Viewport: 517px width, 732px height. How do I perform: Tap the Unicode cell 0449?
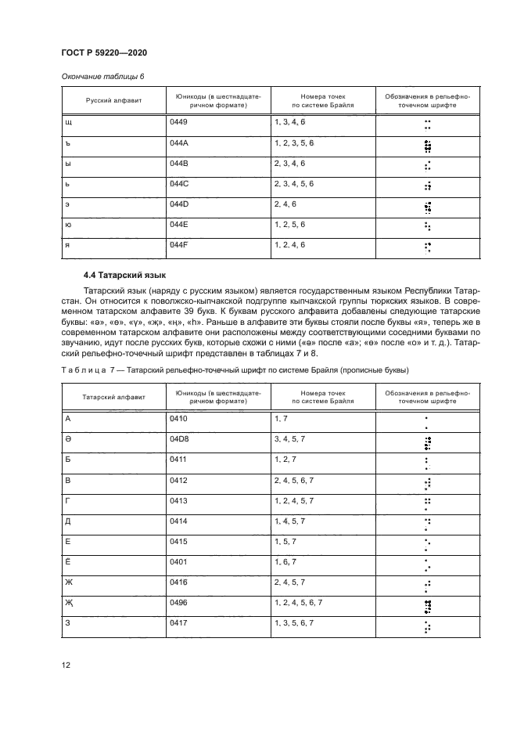(178, 123)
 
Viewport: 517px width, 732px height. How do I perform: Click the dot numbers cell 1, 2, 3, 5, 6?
(294, 143)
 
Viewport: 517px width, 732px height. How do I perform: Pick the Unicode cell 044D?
(178, 204)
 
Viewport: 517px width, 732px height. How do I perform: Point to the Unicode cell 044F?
(178, 245)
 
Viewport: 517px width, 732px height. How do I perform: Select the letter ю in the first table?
(68, 225)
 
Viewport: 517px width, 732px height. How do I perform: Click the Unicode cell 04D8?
(179, 440)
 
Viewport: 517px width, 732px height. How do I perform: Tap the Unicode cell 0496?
(178, 603)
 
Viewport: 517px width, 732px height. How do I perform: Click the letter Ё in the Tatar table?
(68, 562)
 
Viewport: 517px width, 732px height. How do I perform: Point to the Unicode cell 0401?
(178, 562)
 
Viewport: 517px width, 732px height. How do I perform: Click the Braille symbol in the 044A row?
(427, 146)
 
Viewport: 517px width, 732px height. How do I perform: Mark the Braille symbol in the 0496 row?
(427, 606)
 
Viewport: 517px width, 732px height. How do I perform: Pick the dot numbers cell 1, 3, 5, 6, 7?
(294, 623)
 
